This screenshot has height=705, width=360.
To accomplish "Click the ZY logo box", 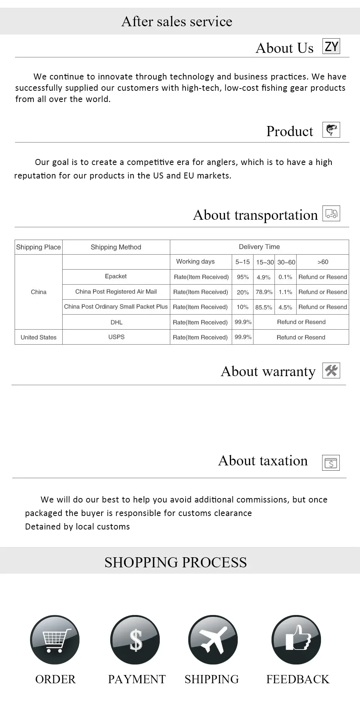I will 331,46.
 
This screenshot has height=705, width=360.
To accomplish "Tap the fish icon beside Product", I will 331,130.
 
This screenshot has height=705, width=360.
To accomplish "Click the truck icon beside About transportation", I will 331,213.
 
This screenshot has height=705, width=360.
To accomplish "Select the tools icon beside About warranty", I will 331,370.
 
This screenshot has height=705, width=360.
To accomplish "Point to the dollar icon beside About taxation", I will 331,463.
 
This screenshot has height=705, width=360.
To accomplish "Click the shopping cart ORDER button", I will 55,640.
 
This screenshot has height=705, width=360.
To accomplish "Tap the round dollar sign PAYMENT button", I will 135,640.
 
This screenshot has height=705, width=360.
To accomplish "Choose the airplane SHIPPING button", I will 213,640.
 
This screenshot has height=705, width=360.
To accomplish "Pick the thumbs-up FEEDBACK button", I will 296,640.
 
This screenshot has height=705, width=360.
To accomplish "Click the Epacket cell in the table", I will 116,276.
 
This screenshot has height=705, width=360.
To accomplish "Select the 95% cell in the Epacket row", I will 243,277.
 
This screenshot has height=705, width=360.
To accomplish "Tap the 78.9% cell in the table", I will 264,292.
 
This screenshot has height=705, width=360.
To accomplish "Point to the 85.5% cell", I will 264,307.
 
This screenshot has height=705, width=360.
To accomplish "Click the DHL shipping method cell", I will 116,322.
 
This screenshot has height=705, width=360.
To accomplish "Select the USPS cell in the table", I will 116,337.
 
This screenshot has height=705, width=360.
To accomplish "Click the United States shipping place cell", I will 39,337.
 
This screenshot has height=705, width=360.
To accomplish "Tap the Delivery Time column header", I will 259,247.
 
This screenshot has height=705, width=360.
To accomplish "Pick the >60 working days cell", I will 322,262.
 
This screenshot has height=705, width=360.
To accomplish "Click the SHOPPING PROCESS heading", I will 175,562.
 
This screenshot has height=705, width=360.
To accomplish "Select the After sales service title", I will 177,21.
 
